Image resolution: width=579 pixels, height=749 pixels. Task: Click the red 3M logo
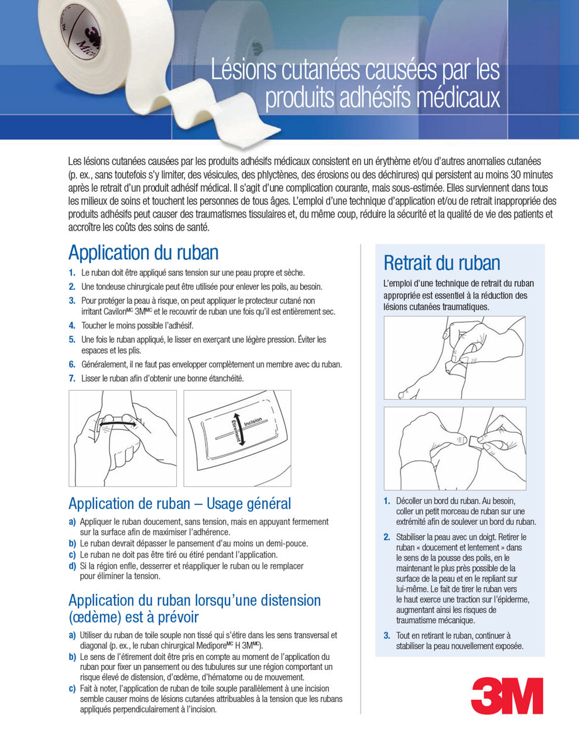pyautogui.click(x=507, y=696)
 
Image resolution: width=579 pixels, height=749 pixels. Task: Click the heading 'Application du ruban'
pyautogui.click(x=143, y=253)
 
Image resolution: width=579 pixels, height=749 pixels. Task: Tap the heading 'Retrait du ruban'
pyautogui.click(x=441, y=263)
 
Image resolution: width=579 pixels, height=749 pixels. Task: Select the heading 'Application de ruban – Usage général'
pyautogui.click(x=179, y=504)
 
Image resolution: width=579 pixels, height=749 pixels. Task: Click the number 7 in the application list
pyautogui.click(x=72, y=379)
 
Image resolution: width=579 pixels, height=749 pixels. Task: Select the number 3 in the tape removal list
pyautogui.click(x=387, y=635)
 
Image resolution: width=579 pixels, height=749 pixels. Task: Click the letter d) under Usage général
pyautogui.click(x=72, y=566)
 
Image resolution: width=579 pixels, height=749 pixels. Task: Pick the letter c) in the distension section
pyautogui.click(x=72, y=689)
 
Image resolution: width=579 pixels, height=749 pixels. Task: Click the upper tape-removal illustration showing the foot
pyautogui.click(x=454, y=358)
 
